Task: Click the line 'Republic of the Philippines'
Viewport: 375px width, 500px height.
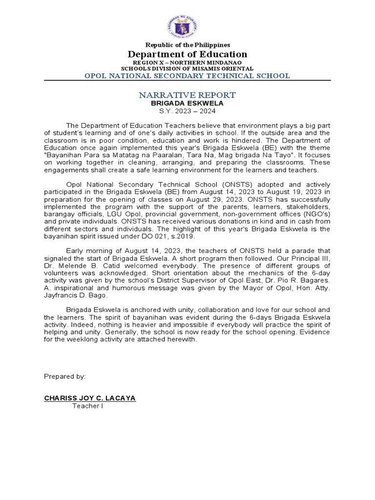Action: point(187,45)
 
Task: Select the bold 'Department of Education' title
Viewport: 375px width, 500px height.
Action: point(187,54)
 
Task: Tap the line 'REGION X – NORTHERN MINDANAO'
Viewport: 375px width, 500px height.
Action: point(187,63)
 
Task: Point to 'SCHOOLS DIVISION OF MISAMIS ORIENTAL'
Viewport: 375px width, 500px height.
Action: point(187,69)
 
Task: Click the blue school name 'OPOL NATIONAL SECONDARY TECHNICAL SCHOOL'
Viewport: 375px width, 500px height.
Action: point(187,76)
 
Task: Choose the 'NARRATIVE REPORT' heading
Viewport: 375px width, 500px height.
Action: point(187,95)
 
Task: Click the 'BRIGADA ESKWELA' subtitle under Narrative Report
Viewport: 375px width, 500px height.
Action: point(187,104)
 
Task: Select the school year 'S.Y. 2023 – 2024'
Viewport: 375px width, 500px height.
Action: point(187,111)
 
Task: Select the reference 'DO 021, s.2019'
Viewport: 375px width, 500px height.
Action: point(169,236)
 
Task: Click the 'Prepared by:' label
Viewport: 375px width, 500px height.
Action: point(65,376)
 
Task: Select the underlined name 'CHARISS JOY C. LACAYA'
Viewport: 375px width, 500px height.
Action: point(90,398)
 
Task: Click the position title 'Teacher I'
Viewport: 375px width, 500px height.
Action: point(88,406)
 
